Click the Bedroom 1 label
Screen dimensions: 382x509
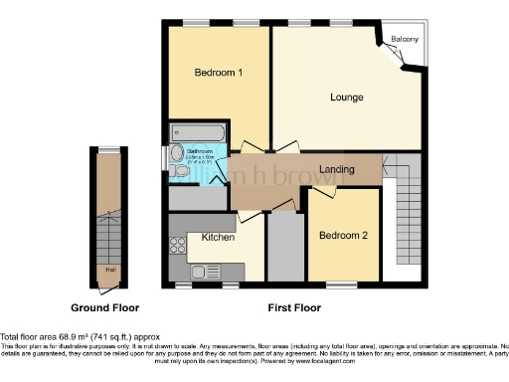point(219,73)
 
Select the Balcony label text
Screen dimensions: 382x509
point(404,40)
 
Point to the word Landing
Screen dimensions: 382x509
point(337,169)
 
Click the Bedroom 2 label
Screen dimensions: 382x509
point(343,236)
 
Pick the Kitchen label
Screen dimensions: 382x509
point(218,238)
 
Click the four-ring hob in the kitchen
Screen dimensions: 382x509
point(176,245)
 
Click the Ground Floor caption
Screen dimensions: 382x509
point(103,308)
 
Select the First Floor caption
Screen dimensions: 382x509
point(296,308)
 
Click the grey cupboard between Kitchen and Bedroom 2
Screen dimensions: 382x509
point(285,246)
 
